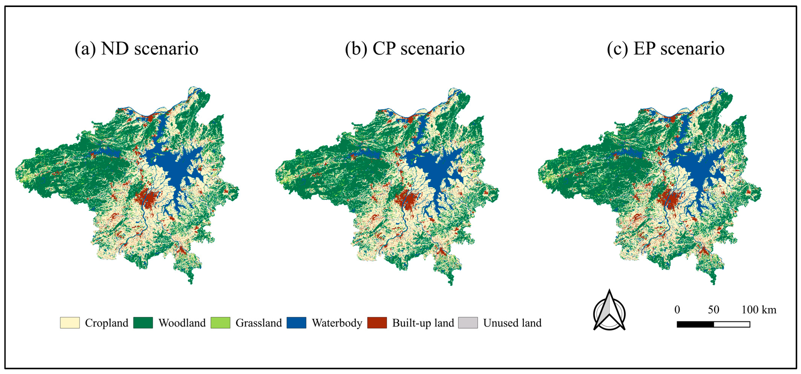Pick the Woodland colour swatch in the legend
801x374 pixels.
tap(143, 323)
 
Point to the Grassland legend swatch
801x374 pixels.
tap(220, 323)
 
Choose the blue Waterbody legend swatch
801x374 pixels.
tap(296, 323)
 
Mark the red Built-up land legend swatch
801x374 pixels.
tap(377, 323)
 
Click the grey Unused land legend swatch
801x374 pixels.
tap(468, 323)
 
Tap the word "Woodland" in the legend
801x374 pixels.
tap(182, 323)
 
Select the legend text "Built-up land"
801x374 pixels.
tap(423, 323)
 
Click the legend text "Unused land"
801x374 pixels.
tap(512, 323)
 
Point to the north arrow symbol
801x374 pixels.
tap(609, 311)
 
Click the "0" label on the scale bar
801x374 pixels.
tap(677, 310)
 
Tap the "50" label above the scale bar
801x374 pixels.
tap(713, 310)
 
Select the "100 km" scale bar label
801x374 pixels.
tap(759, 310)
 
